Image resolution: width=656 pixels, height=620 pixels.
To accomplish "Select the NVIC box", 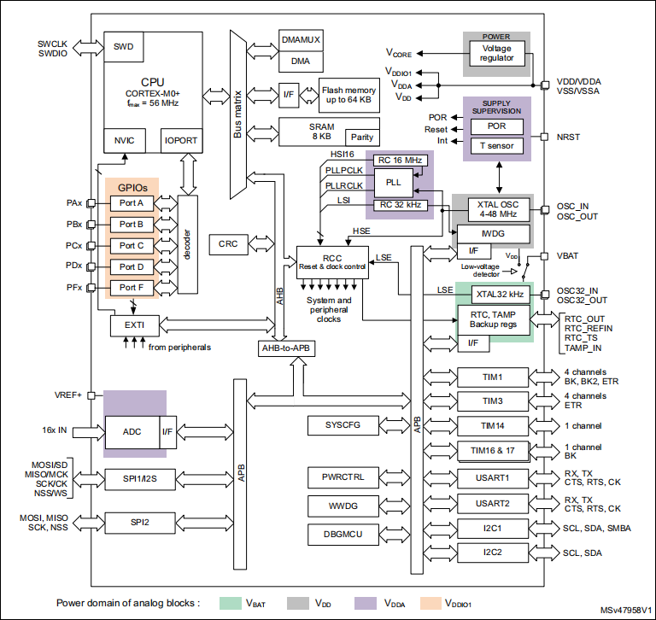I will tap(124, 140).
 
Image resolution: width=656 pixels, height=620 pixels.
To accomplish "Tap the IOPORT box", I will tap(181, 140).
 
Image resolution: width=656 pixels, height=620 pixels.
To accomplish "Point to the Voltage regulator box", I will tap(495, 54).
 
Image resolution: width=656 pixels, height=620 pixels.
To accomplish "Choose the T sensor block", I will tap(495, 145).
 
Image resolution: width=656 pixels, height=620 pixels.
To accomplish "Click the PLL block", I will tap(393, 182).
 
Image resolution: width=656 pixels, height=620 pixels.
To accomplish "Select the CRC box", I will tap(228, 244).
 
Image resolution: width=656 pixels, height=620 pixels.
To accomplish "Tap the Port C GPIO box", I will tap(132, 245).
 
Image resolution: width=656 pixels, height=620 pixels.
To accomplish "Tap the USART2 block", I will tap(494, 502).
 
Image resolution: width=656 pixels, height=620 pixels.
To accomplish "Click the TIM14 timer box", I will tap(494, 425).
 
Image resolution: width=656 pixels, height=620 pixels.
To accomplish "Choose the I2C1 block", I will tap(494, 528).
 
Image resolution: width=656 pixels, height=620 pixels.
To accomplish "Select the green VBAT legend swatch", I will tap(230, 602).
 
